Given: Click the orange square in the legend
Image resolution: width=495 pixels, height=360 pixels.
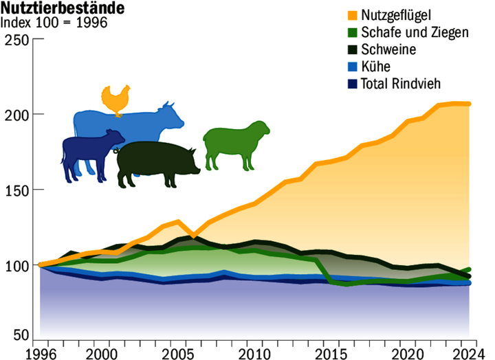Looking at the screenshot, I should (353, 16).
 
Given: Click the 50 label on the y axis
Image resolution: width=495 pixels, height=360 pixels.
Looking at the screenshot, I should (21, 335).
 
